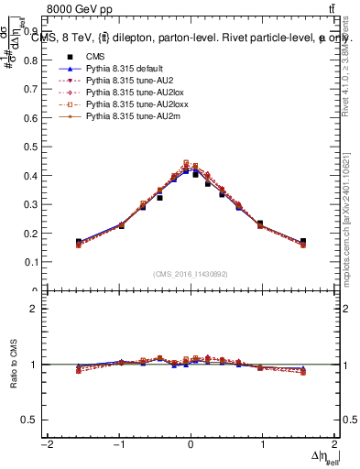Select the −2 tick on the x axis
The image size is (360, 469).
point(45,443)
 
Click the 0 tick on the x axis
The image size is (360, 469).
point(191,443)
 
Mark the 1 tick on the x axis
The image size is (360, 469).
point(263,443)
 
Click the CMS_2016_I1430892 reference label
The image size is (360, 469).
point(191,275)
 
